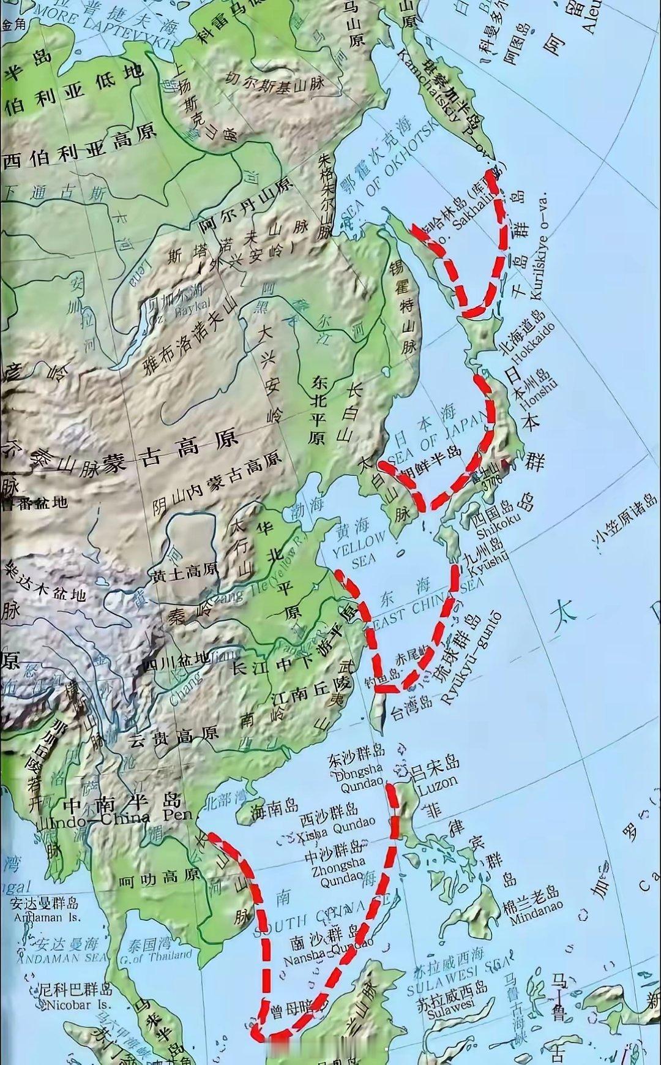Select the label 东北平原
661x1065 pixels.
click(318, 410)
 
